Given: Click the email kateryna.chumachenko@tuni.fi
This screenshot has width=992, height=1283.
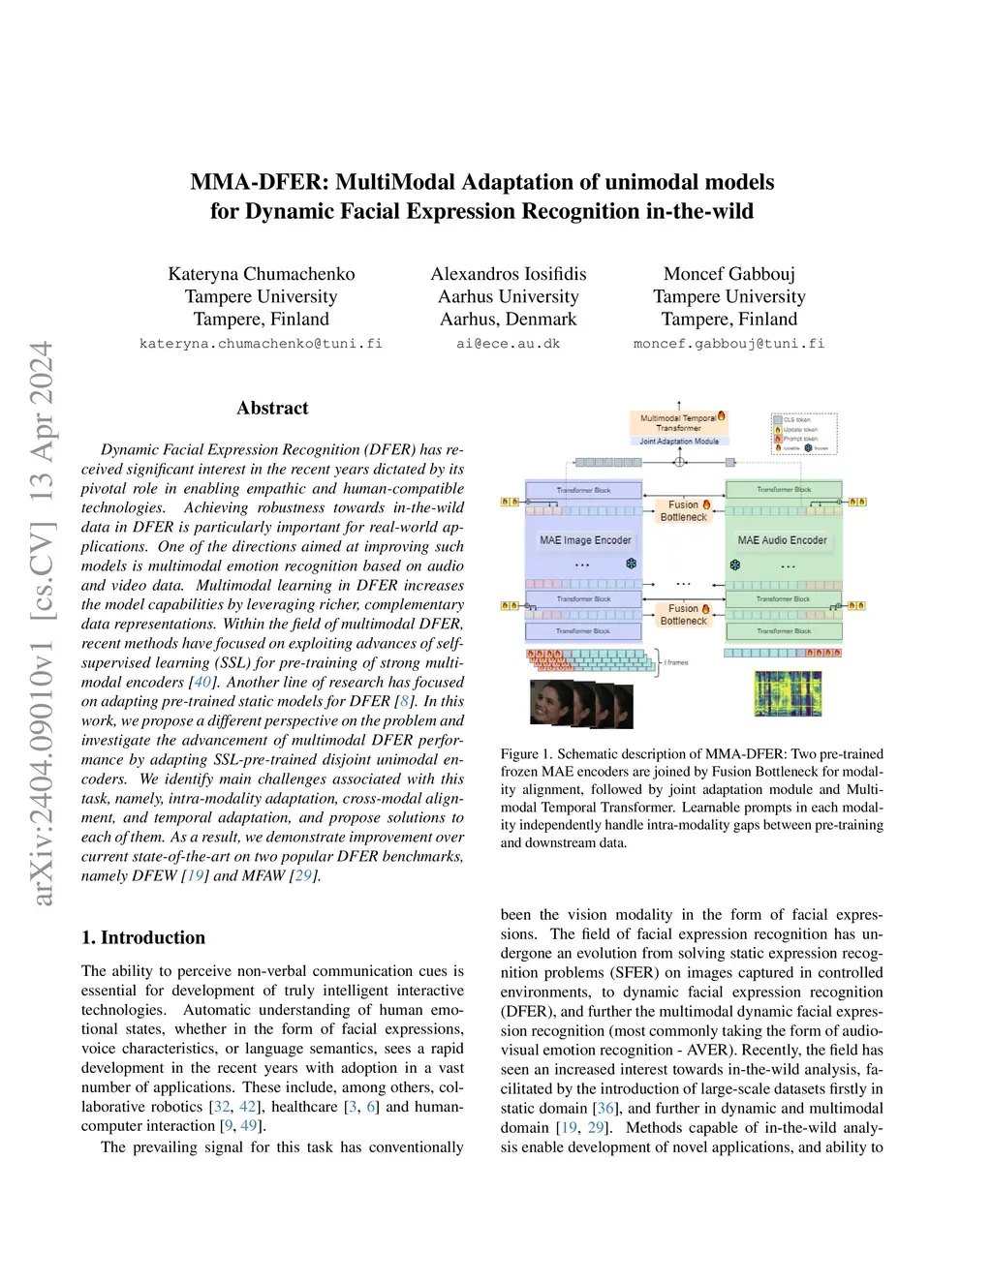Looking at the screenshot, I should point(261,344).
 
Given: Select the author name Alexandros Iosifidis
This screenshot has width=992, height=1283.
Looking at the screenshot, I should point(509,274).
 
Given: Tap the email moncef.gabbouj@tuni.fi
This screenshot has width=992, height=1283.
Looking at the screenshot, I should point(728,344).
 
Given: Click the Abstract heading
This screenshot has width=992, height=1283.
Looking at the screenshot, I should point(272,409).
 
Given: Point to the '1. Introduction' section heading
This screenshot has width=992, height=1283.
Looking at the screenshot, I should point(143,937).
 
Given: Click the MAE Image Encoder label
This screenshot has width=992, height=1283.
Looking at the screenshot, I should point(585,540).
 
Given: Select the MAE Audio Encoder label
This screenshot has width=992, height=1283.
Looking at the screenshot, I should point(783,540).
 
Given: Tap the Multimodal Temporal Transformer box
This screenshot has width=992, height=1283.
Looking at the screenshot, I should point(679,423).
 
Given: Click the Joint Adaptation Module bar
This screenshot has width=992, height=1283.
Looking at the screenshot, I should point(679,442).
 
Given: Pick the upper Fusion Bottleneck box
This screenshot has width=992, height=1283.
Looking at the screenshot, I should point(684,510).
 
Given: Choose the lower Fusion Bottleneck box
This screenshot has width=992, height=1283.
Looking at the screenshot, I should point(684,615).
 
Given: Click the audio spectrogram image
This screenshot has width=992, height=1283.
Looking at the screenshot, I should point(788,693).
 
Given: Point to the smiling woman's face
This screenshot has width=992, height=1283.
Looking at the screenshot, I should point(550,699).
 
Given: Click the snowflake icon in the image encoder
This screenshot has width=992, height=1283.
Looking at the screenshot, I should point(631,563).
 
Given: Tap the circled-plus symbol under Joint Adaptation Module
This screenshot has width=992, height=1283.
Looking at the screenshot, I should point(679,462).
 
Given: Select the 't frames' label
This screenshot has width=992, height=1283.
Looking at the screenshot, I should point(675,662).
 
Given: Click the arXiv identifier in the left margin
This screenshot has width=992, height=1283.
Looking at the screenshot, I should point(41,624).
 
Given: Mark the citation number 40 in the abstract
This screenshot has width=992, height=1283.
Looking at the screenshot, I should point(202,682).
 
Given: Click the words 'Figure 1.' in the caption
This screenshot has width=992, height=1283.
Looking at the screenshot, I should point(526,754).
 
